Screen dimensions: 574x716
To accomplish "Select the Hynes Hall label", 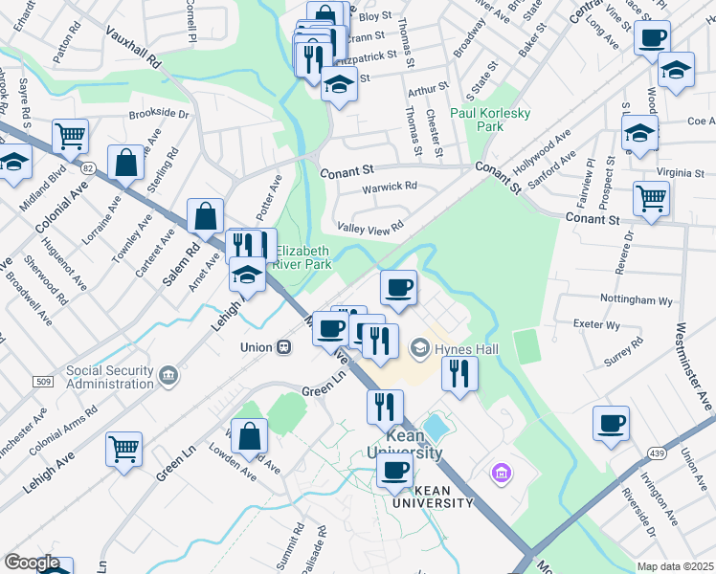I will point(462,348).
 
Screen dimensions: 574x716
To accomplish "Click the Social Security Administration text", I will point(109,377).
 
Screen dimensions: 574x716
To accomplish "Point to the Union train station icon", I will point(283,346).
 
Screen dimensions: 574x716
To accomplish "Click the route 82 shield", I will point(88,167).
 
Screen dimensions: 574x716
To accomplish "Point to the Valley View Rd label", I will point(369,226).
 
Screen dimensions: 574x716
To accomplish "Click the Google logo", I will point(33,563).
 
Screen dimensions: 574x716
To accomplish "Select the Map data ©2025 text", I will point(675,566).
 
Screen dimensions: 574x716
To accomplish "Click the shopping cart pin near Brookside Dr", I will point(71,136).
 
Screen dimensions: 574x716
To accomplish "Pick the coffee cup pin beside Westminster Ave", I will point(611,424).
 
